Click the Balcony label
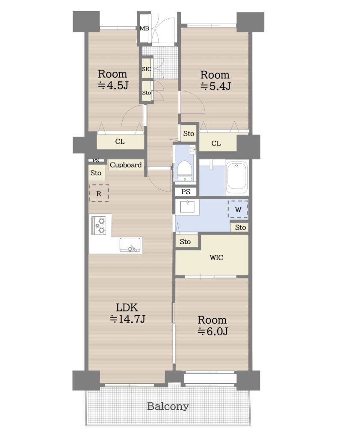[168, 406]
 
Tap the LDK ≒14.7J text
[127, 313]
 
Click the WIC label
[216, 257]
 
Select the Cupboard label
[126, 165]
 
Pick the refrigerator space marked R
[99, 193]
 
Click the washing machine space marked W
[238, 209]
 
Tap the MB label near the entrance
[145, 28]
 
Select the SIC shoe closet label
[146, 69]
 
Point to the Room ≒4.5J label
[112, 79]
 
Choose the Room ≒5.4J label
[215, 80]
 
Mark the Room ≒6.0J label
[212, 326]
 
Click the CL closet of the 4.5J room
[121, 141]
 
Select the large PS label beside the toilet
[186, 192]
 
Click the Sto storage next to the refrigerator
[96, 173]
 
